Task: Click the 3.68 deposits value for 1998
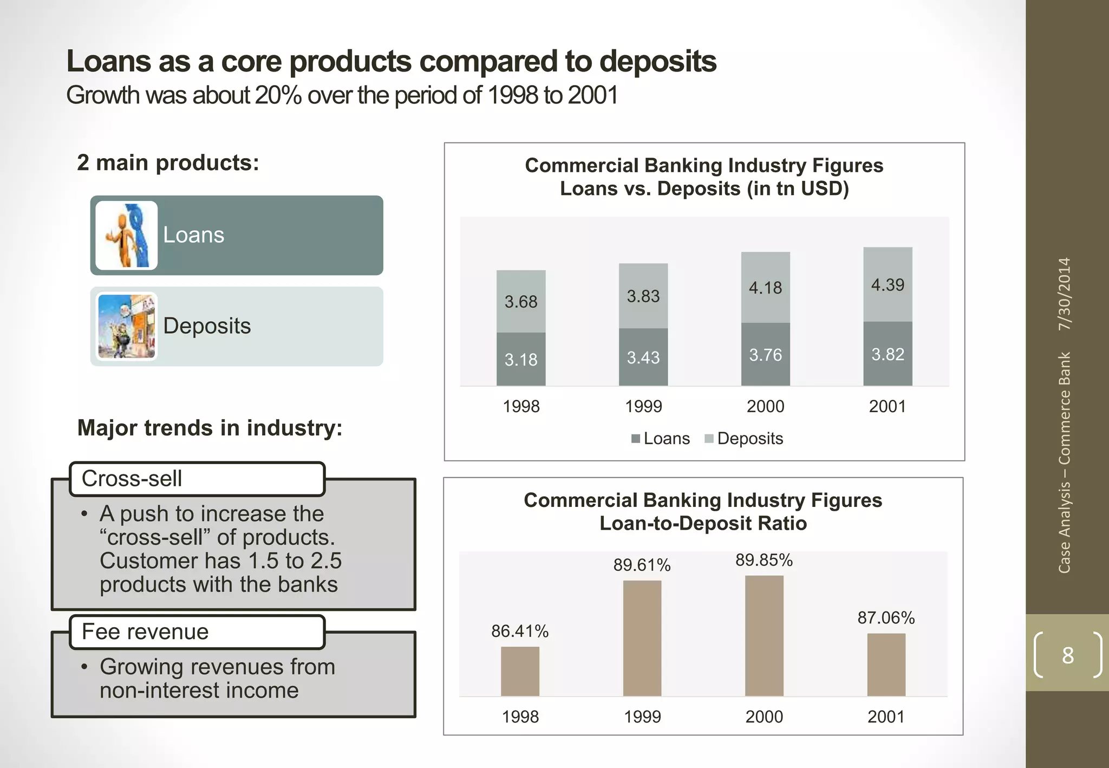click(x=521, y=302)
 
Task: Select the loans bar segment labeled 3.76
click(x=765, y=355)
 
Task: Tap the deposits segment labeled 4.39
click(x=888, y=285)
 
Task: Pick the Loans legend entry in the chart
click(x=661, y=438)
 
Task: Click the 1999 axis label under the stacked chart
click(x=643, y=406)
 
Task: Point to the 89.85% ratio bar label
click(x=764, y=560)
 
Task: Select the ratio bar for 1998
click(x=520, y=671)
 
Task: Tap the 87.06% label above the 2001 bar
click(x=886, y=617)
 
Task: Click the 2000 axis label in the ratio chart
click(x=764, y=717)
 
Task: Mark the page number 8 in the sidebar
click(x=1067, y=655)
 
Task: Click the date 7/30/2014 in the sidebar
click(x=1065, y=294)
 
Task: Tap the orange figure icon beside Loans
click(x=127, y=236)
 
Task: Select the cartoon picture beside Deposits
click(x=127, y=327)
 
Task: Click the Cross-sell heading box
click(x=197, y=479)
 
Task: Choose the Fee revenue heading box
click(x=197, y=632)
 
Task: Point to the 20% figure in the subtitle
click(x=278, y=95)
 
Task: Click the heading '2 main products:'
click(x=168, y=162)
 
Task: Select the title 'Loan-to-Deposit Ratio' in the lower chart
click(x=703, y=523)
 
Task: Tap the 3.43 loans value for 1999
click(x=643, y=357)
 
